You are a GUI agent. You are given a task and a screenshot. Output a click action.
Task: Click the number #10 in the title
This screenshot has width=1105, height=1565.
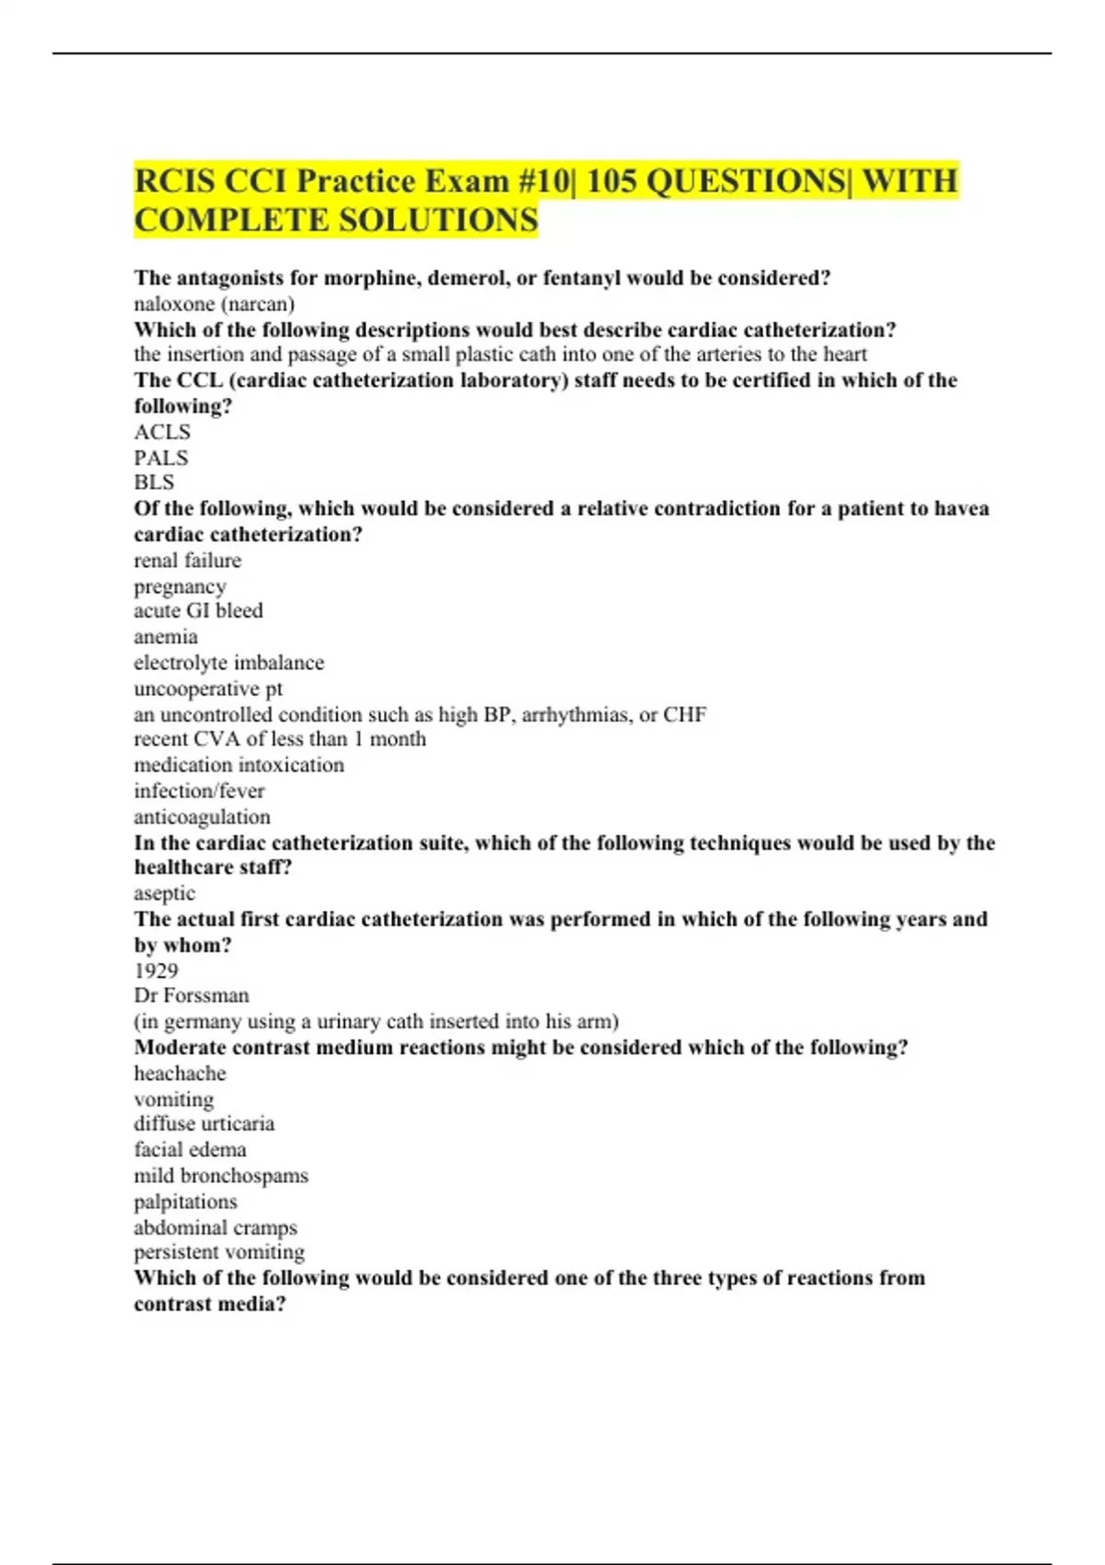pos(546,180)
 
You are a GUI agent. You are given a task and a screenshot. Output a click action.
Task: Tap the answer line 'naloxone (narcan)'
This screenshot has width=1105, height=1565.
pos(214,304)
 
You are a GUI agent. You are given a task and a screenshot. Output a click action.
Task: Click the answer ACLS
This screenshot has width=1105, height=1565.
pos(162,432)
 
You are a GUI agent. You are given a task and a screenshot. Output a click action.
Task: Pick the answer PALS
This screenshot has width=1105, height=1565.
pos(161,458)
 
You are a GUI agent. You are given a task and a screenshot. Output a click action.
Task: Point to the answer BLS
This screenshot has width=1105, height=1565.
pos(154,482)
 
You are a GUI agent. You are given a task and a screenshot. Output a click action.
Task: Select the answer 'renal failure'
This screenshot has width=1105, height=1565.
pos(188,561)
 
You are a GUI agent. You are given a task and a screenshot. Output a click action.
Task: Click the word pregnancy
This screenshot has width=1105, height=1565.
pos(180,586)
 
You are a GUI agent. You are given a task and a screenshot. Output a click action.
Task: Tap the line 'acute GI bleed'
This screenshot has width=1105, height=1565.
pos(198,610)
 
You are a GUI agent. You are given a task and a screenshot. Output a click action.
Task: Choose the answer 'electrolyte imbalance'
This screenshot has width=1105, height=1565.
pos(228,663)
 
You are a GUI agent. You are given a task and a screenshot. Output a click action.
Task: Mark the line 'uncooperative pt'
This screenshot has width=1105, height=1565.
pos(208,689)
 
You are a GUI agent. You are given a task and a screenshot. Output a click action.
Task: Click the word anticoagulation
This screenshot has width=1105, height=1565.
pos(202,817)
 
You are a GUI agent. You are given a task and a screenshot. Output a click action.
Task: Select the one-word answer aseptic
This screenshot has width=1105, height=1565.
pos(164,893)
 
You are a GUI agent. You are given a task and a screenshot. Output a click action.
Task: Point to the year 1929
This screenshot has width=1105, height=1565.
pos(156,970)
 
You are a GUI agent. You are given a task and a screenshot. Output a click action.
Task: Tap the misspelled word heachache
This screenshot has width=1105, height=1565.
pos(180,1073)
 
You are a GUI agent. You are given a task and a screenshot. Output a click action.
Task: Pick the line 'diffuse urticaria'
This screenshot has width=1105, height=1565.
pos(204,1124)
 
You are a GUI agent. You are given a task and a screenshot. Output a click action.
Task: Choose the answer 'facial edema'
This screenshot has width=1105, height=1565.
pos(190,1150)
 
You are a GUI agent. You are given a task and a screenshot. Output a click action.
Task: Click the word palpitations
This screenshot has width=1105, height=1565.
pos(185,1201)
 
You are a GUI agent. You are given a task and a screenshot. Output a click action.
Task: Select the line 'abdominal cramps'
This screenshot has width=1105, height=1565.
pos(215,1227)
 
